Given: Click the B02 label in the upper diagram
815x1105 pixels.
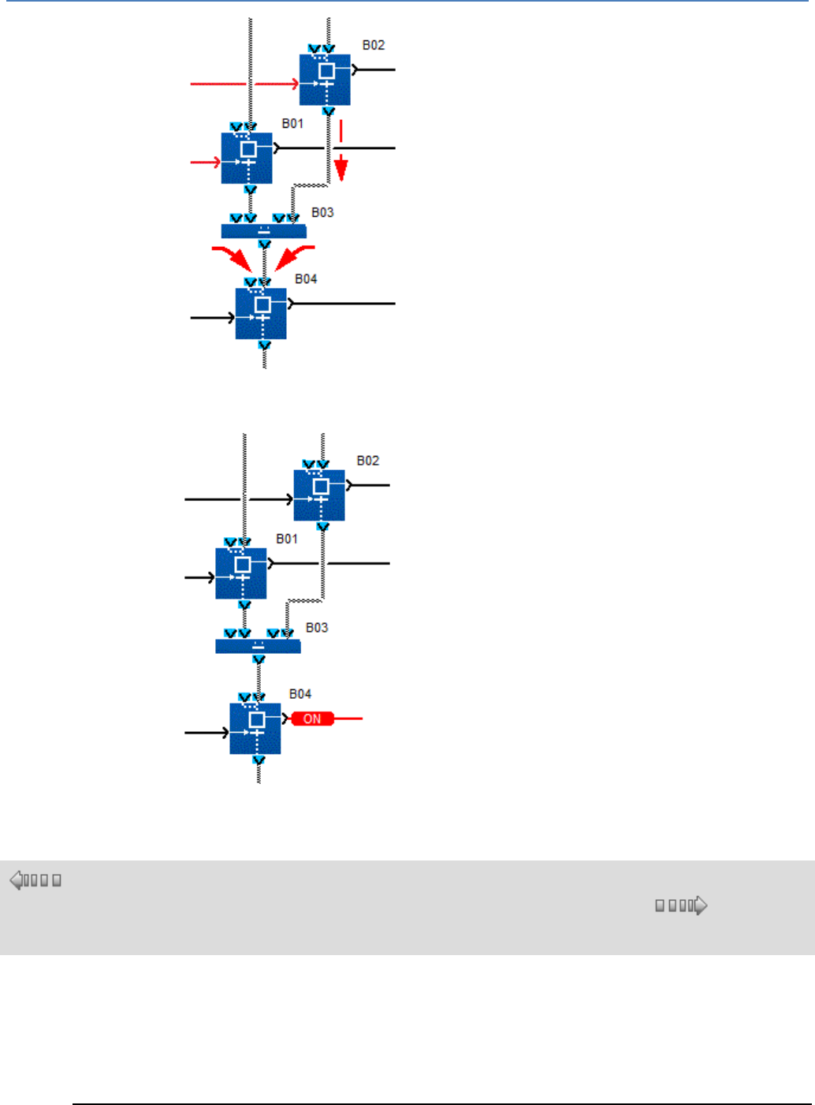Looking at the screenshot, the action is [x=374, y=45].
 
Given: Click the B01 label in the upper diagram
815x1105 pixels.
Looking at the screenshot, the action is [x=292, y=123].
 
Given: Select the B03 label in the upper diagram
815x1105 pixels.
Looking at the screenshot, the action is [x=322, y=212].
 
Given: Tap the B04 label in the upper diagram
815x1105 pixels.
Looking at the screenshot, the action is [x=306, y=278].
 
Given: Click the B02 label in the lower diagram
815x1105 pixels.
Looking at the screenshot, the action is [x=368, y=461].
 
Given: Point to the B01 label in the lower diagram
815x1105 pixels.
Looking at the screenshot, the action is [x=287, y=539].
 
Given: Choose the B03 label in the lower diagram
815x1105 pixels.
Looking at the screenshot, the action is [x=317, y=627].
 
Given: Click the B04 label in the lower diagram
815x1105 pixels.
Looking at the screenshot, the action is [x=300, y=694].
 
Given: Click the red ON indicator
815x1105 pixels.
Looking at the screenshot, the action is [x=312, y=719].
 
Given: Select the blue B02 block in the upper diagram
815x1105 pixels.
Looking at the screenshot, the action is [x=325, y=79].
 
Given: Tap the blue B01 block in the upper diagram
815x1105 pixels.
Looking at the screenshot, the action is [x=247, y=158].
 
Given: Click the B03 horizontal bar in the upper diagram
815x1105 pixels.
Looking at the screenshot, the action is [x=263, y=231].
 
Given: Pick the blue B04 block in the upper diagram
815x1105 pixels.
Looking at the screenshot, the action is [x=261, y=313].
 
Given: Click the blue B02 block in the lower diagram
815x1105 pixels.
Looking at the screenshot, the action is [x=319, y=495].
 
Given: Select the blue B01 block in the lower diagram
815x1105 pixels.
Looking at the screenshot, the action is [x=241, y=573].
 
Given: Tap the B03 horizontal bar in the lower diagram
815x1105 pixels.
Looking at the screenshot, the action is [x=258, y=646].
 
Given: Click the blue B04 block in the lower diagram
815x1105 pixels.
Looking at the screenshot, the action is [x=255, y=728].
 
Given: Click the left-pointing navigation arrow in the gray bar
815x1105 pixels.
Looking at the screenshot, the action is [x=17, y=880].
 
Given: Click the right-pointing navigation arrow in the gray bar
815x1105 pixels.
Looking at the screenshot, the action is [x=701, y=905].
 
